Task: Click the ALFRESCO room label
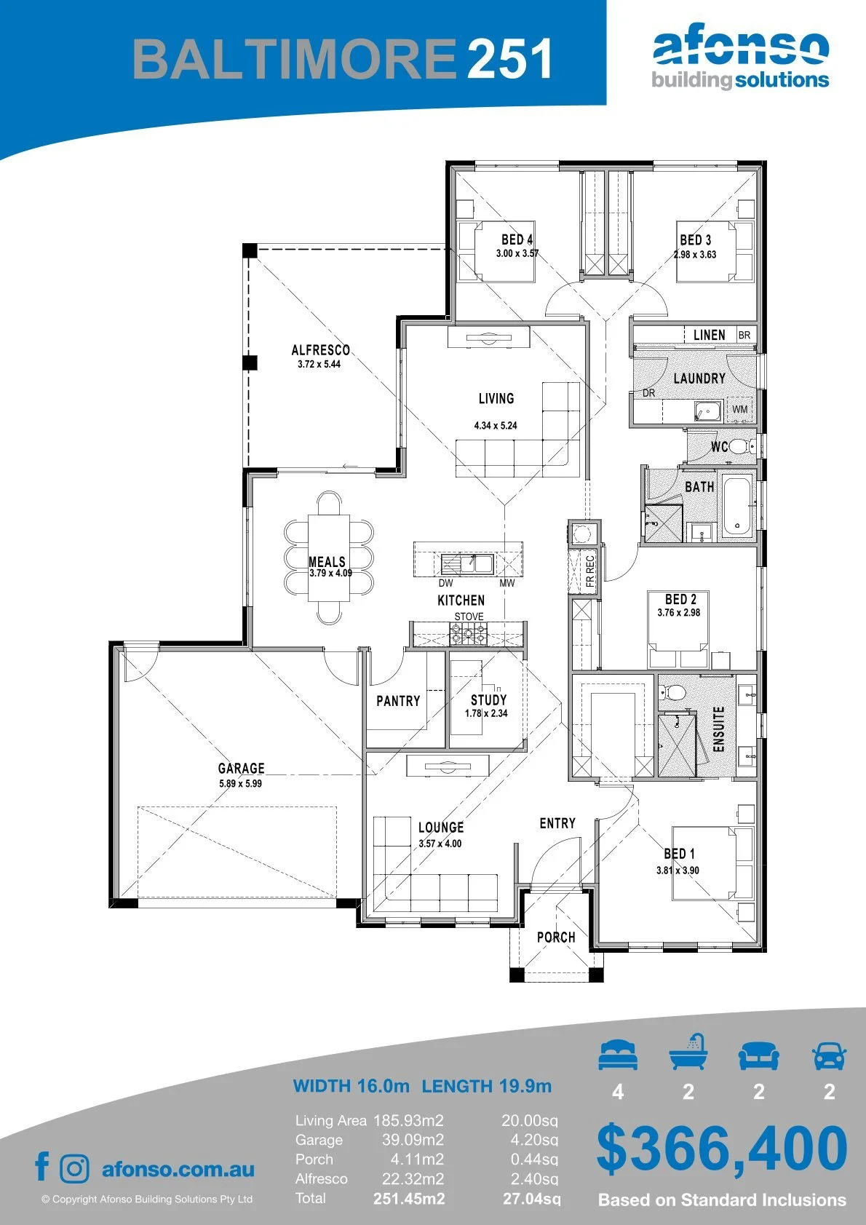pos(320,349)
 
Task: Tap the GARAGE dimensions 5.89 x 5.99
pos(241,783)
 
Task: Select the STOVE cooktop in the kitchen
pos(468,635)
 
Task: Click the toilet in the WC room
pos(739,446)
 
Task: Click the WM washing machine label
pos(739,409)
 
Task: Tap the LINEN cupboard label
pos(709,334)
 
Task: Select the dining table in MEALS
pos(329,558)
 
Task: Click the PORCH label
pos(556,937)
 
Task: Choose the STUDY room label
pos(489,700)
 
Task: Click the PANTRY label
pos(398,700)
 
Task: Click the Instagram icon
pos(74,1169)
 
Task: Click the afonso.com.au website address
pos(178,1169)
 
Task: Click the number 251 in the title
pos(509,59)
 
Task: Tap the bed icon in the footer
pos(618,1055)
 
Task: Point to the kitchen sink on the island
pos(467,563)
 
